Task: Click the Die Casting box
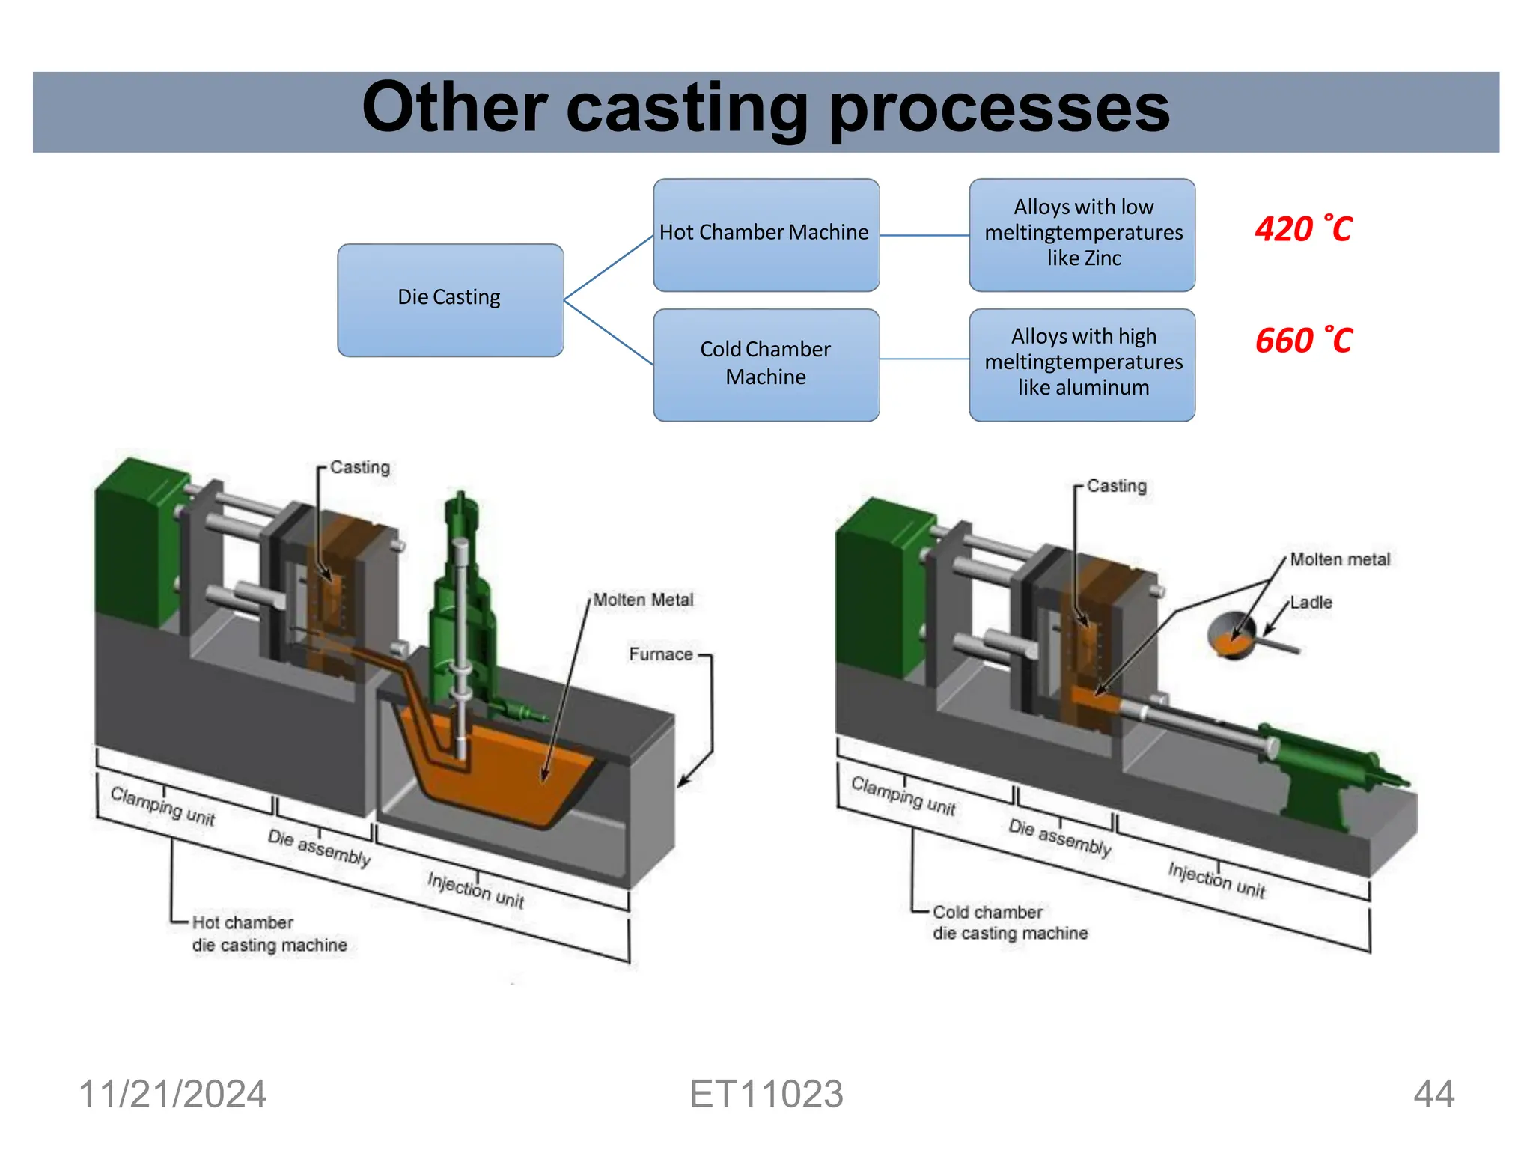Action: click(x=449, y=299)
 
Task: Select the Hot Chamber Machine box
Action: click(x=765, y=234)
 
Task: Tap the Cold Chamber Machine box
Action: click(x=765, y=364)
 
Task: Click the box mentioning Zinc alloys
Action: click(x=1082, y=234)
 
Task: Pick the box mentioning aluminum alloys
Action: click(x=1082, y=364)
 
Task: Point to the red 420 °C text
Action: click(x=1302, y=229)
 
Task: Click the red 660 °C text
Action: click(x=1302, y=341)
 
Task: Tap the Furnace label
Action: click(x=660, y=654)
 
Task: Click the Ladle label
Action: click(x=1311, y=603)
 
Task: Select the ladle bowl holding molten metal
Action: click(x=1231, y=635)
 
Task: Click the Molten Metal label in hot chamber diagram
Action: click(x=643, y=600)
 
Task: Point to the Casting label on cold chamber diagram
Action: click(x=1116, y=486)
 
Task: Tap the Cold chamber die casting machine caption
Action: click(x=1009, y=923)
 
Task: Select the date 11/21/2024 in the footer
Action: click(x=172, y=1094)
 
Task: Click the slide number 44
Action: click(x=1433, y=1094)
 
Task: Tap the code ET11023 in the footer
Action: click(x=766, y=1094)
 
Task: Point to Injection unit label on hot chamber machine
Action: click(x=476, y=889)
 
